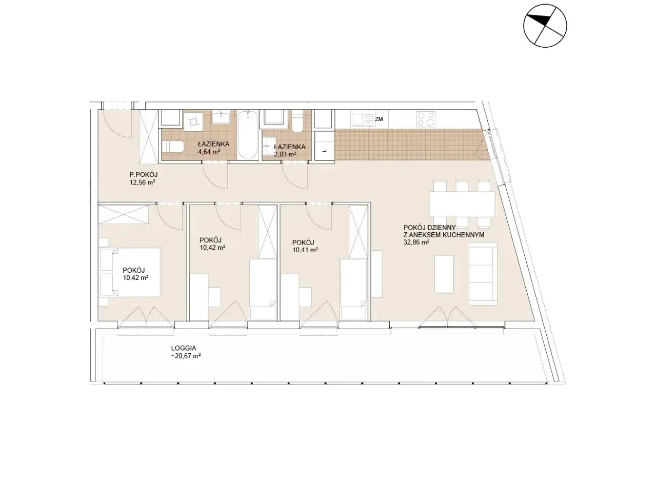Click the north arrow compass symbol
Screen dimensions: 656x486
pos(545,26)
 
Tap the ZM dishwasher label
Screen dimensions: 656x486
pos(379,119)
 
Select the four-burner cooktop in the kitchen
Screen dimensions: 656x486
pos(426,119)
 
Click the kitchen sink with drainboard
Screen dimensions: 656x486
pos(363,119)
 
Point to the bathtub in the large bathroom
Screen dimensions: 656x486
pos(248,134)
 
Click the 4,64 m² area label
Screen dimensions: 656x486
pos(209,152)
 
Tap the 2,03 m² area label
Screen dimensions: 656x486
pos(285,154)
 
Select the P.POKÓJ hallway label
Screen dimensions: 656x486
pos(144,175)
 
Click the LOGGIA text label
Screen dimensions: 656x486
pos(184,348)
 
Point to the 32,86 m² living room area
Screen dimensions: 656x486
pos(416,242)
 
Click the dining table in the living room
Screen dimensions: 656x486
pos(462,204)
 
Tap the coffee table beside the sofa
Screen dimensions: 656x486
pos(444,274)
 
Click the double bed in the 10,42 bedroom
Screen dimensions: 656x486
pos(130,272)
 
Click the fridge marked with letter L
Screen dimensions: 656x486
pos(324,146)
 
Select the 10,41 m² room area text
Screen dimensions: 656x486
pos(305,250)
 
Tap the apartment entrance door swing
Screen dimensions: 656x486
pos(118,123)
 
